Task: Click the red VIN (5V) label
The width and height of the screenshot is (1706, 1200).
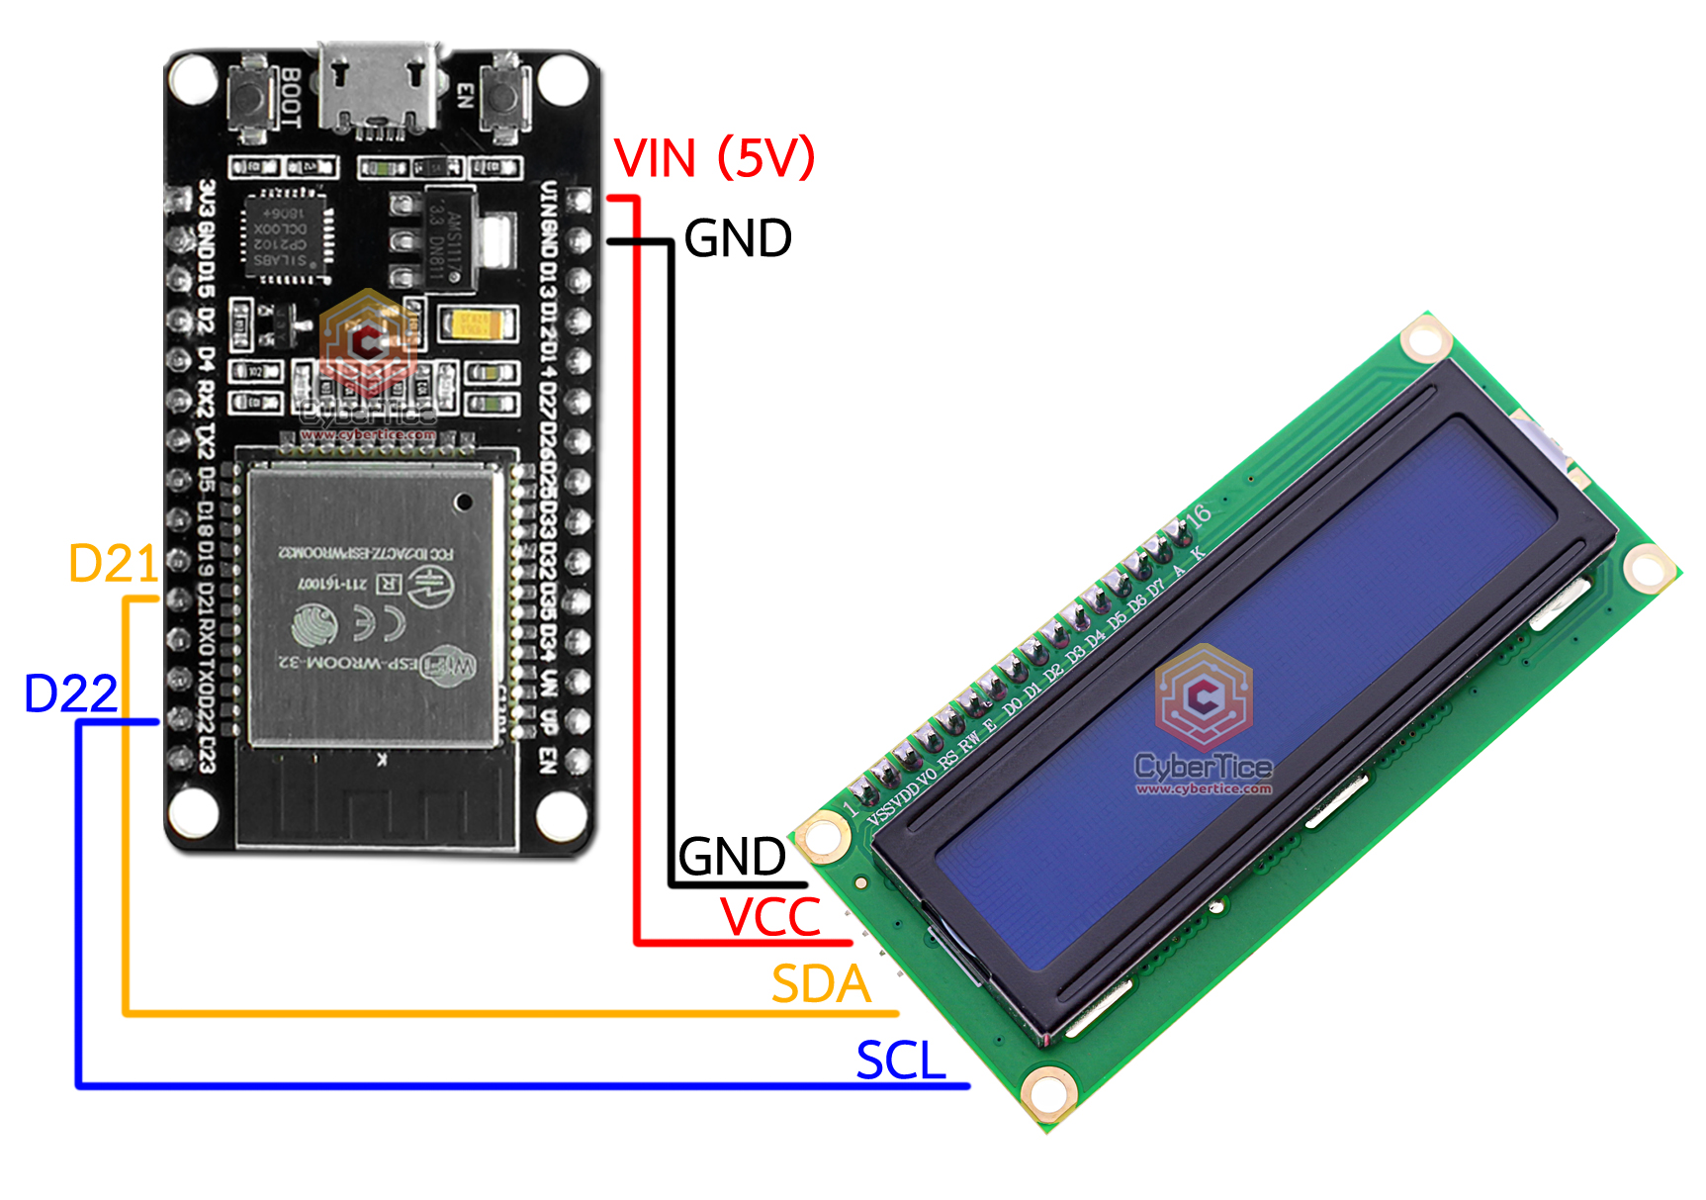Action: coord(714,158)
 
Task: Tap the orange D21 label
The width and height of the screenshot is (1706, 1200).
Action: coord(113,564)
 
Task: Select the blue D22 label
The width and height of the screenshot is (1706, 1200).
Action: coord(70,693)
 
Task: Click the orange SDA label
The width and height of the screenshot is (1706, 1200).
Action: coord(821,984)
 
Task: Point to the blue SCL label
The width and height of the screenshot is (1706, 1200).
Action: coord(900,1061)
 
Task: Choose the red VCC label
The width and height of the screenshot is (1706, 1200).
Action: coord(770,917)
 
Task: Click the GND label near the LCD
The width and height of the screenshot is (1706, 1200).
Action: coord(732,857)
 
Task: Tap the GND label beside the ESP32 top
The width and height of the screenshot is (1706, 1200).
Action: coord(738,238)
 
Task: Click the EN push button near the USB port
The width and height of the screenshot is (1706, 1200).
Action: coord(505,97)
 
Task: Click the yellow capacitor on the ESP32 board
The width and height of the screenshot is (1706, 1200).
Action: coord(477,323)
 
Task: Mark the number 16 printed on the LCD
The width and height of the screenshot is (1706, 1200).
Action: coord(1198,514)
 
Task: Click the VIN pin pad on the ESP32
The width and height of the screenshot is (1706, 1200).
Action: coord(580,202)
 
